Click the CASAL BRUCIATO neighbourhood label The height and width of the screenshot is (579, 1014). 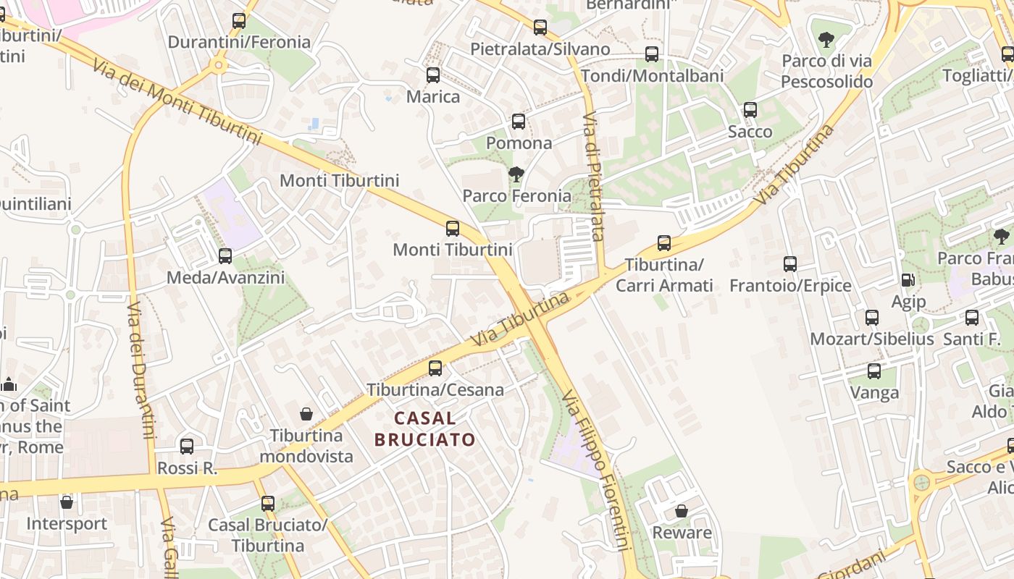[x=424, y=428]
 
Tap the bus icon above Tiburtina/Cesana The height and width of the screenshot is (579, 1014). [x=435, y=368]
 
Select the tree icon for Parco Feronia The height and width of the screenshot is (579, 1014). [x=516, y=174]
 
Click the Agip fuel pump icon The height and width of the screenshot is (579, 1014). [x=908, y=279]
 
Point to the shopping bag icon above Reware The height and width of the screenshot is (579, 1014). [x=682, y=511]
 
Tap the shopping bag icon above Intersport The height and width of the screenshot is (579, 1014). [x=67, y=502]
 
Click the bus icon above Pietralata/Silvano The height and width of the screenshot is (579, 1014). [x=540, y=28]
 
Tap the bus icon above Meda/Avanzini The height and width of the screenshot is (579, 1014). [x=225, y=255]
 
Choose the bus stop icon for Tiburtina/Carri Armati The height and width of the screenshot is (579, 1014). [x=664, y=243]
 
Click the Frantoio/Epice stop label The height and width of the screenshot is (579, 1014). [x=790, y=285]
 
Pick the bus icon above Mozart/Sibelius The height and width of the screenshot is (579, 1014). [x=872, y=317]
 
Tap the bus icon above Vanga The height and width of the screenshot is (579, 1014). [x=874, y=371]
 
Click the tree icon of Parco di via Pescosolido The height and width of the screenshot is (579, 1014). [x=826, y=39]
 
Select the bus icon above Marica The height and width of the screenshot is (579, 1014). [x=433, y=75]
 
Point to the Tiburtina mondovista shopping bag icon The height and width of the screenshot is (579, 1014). [x=306, y=414]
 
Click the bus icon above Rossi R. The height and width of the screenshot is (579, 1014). [x=187, y=447]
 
